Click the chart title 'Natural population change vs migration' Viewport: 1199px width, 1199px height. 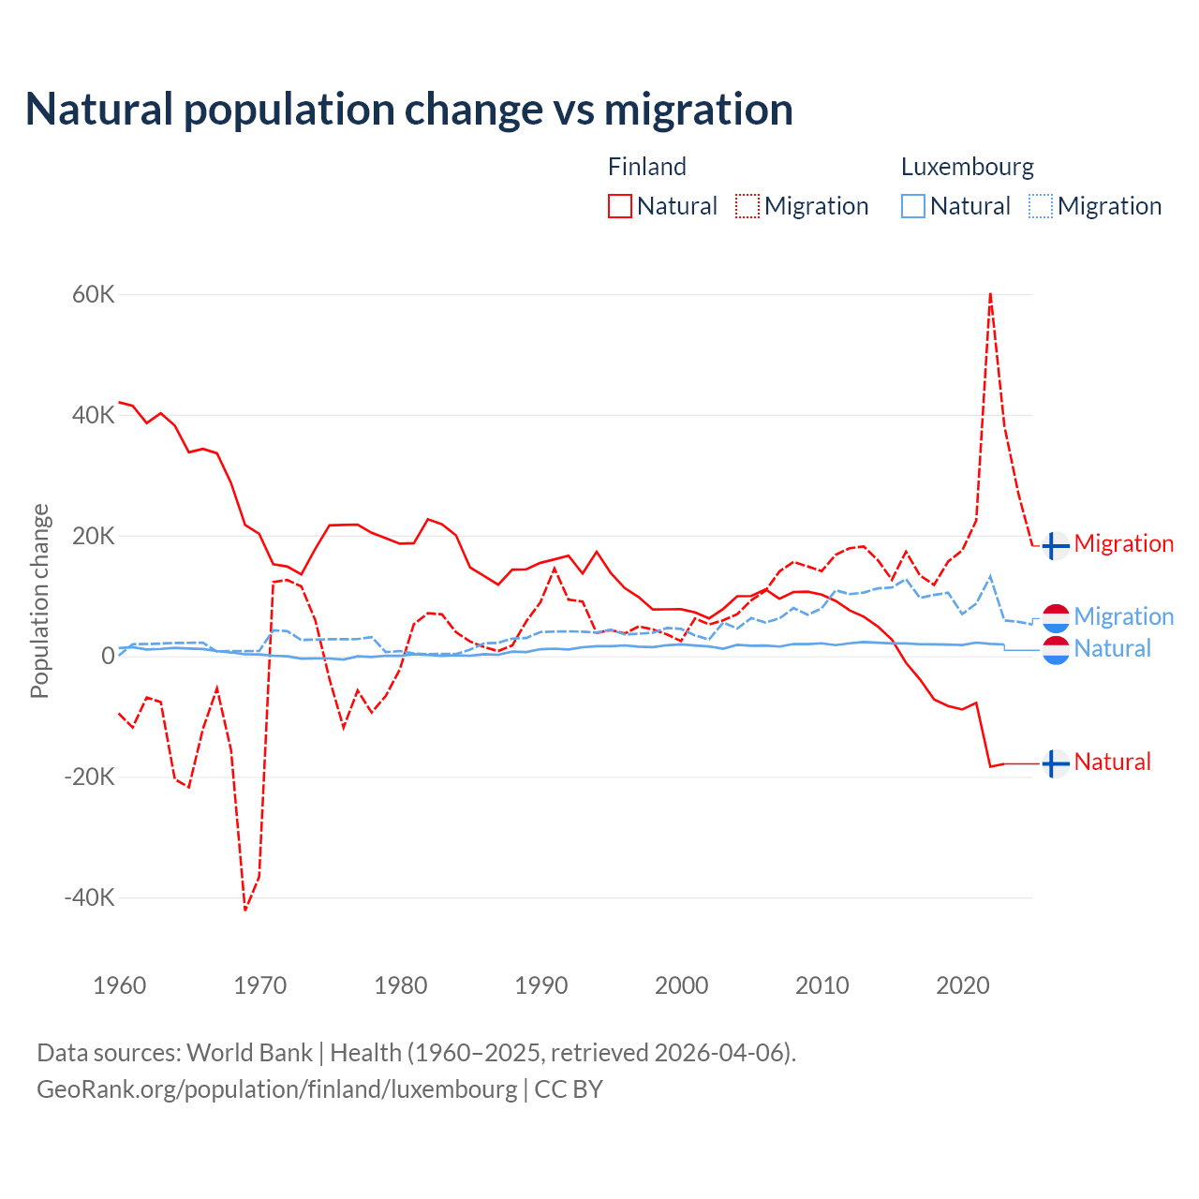[409, 110]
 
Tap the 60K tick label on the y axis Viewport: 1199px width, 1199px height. [94, 295]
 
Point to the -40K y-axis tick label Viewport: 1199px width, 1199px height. [90, 897]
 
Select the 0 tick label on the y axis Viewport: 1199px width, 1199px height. [108, 656]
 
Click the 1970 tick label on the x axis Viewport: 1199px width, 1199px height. [260, 985]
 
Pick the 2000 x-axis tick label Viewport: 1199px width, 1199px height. [682, 985]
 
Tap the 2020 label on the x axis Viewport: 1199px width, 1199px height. [963, 985]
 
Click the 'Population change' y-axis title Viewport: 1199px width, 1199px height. [39, 601]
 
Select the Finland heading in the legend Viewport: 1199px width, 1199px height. [647, 167]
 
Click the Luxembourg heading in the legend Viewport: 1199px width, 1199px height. [968, 167]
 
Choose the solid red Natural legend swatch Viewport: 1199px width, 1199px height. [620, 206]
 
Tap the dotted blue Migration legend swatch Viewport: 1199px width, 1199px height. [1041, 206]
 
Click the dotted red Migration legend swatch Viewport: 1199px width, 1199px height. [748, 206]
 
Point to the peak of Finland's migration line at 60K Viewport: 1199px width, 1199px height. [990, 294]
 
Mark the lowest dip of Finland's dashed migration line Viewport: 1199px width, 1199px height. [245, 910]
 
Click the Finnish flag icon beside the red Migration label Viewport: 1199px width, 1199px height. [1056, 545]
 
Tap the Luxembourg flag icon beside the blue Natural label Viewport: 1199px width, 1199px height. [1056, 650]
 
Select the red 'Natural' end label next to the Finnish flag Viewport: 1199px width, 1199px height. [1113, 762]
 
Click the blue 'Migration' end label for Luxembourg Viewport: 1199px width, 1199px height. [1124, 616]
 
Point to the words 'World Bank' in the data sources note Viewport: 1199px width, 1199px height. [249, 1053]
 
